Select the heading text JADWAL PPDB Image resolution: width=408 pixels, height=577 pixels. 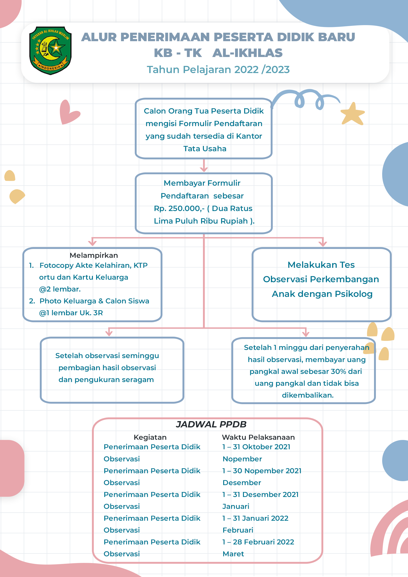tap(211, 424)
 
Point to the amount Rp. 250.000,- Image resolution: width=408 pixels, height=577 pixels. tap(179, 208)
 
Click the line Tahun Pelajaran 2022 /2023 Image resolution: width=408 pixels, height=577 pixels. tap(218, 70)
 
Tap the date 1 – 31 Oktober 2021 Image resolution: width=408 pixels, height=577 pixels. tap(256, 447)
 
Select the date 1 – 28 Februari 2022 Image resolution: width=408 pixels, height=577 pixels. tap(258, 542)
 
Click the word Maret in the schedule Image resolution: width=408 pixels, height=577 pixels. tap(233, 554)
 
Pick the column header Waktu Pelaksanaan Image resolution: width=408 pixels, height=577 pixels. tap(258, 437)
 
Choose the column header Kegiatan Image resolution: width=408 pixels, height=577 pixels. tap(150, 437)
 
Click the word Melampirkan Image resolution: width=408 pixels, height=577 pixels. tap(94, 255)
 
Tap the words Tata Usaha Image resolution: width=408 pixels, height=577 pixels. tap(205, 148)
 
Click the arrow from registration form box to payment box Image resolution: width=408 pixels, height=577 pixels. tap(204, 165)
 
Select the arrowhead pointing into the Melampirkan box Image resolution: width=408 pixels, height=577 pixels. tap(92, 242)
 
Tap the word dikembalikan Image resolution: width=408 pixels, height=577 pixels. tap(307, 395)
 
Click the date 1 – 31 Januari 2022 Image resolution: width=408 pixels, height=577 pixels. tap(255, 518)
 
